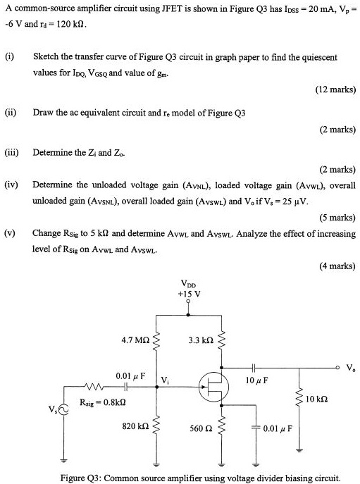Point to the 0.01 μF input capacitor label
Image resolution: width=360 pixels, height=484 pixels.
130,376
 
